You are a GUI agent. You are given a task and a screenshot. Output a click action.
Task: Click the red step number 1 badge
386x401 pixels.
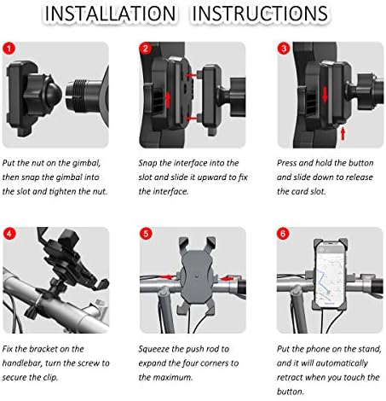coord(9,49)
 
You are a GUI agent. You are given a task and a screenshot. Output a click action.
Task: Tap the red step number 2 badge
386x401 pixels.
coord(146,49)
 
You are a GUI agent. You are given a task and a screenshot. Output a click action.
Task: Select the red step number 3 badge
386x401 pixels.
coord(284,49)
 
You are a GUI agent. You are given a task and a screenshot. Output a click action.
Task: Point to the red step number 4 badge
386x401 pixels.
coord(9,234)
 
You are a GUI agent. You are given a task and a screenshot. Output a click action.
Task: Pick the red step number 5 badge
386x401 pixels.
coord(146,234)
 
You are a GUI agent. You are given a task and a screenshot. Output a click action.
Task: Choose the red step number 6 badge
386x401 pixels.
coord(283,234)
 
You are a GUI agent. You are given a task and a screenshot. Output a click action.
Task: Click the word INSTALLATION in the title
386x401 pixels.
coord(111,14)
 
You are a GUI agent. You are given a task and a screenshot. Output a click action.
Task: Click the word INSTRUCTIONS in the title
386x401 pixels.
coord(260,14)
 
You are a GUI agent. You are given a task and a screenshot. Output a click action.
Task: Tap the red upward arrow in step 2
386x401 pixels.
coord(168,100)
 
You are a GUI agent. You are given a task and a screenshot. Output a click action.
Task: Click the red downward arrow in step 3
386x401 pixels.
coord(325,95)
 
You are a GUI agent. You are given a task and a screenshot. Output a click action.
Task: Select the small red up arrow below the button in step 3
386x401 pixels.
coord(343,134)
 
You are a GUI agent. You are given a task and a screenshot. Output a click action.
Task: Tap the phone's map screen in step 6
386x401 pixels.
coord(330,274)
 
